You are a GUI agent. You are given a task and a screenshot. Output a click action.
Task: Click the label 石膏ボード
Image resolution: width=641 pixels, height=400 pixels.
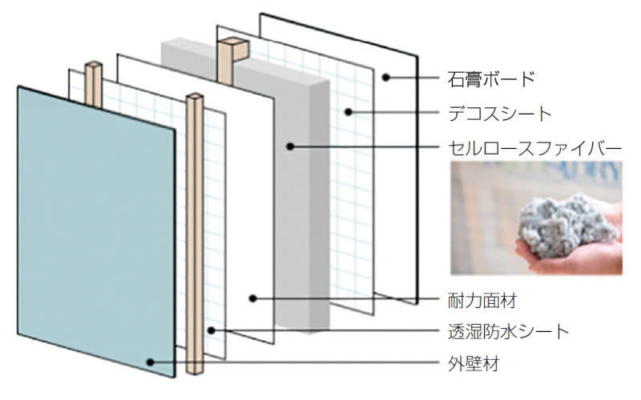pos(491,78)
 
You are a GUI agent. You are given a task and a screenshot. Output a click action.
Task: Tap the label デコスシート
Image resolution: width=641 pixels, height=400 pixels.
pos(499,114)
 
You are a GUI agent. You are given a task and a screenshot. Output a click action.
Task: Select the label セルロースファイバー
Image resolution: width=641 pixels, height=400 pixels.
pos(534,149)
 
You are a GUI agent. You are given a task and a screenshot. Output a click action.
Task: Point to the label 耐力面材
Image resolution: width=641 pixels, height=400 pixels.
pos(482,302)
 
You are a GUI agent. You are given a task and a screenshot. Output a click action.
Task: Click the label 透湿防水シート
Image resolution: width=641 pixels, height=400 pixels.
pos(508,332)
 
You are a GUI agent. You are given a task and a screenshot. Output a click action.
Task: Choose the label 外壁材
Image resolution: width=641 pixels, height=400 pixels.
pos(474,364)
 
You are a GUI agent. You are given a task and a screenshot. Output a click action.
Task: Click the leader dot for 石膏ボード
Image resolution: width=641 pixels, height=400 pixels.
pos(386,77)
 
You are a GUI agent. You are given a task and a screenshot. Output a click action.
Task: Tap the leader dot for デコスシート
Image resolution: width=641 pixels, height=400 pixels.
pos(348,111)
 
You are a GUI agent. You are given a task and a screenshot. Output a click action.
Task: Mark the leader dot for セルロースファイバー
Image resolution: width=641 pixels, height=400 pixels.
pos(290,146)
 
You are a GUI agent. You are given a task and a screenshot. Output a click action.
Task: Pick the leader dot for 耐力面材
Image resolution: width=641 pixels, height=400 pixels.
pos(253,298)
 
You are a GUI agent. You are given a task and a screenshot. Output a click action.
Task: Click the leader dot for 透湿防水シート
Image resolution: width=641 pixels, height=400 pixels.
pos(211,330)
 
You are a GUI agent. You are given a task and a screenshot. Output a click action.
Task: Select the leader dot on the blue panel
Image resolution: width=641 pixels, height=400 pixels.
pos(151,362)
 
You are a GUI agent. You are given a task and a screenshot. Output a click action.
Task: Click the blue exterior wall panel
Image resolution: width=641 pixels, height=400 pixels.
pos(96,232)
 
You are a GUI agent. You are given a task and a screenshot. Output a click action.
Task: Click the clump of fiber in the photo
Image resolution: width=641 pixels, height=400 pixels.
pos(568,226)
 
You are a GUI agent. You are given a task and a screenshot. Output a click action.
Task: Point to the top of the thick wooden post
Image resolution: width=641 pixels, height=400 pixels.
pos(234,43)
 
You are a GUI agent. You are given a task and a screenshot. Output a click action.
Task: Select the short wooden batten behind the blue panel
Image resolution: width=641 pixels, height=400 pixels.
pos(94,85)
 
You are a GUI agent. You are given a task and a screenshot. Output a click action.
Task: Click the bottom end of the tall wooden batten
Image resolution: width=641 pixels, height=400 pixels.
pos(195,372)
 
